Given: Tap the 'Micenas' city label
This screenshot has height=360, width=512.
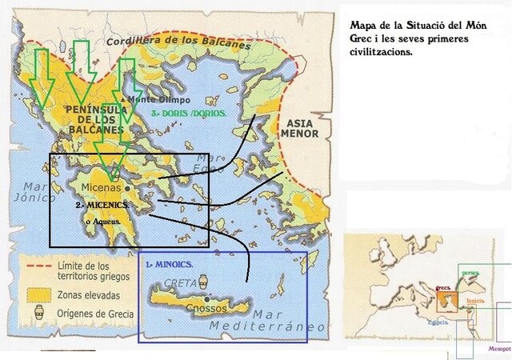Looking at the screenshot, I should (101, 188).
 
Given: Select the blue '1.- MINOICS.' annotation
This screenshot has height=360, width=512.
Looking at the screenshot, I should (170, 262).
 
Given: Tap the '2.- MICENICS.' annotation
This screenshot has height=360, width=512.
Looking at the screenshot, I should (104, 205).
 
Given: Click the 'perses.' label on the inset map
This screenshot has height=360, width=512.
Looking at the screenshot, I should (470, 273).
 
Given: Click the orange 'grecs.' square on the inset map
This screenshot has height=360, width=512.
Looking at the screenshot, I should (446, 300).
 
